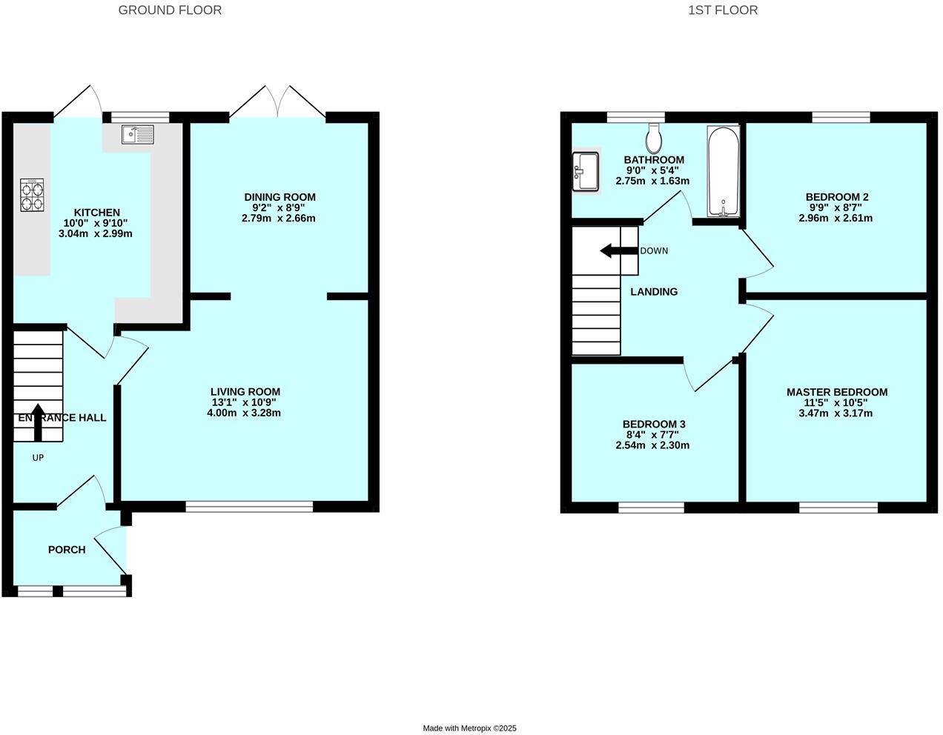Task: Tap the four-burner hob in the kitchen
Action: tap(32, 195)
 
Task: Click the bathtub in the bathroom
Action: tap(723, 172)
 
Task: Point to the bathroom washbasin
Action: tap(585, 171)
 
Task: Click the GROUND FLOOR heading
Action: tap(170, 10)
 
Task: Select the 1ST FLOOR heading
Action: tap(722, 10)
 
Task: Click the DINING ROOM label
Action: tap(279, 197)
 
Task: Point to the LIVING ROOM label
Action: tap(245, 392)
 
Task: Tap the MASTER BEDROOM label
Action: tap(836, 392)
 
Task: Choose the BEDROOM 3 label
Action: tap(653, 424)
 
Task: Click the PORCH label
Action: tap(67, 550)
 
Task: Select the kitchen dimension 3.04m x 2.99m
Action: tap(95, 233)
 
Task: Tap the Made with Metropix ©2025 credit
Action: tap(469, 728)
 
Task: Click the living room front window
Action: tap(249, 507)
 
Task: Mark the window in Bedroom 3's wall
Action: tap(651, 508)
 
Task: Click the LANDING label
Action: tap(654, 292)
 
